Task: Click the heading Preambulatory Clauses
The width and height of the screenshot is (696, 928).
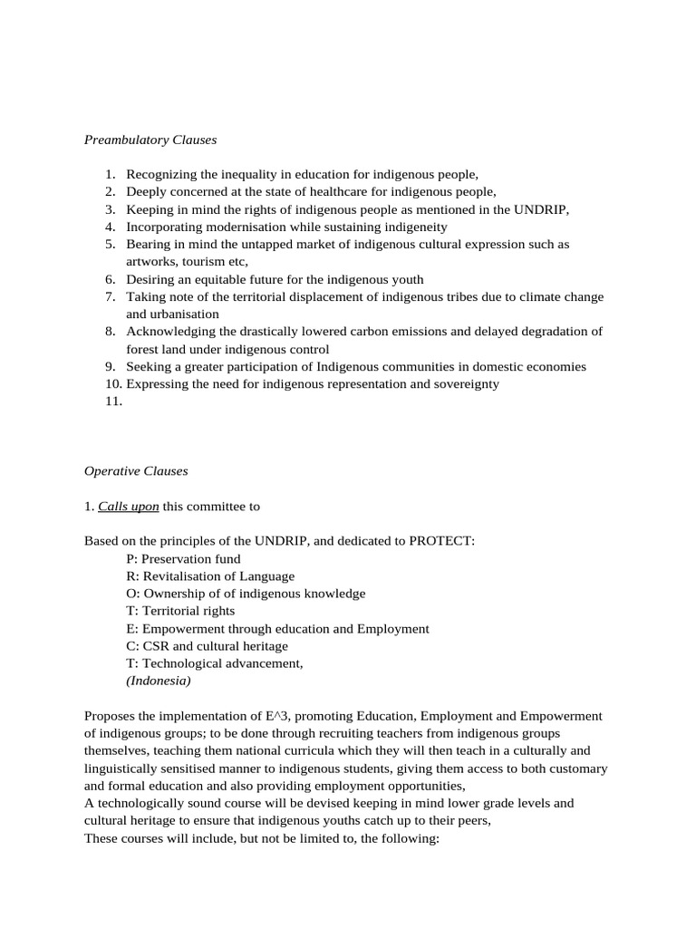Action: [x=150, y=140]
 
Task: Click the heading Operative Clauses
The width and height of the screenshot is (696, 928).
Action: [x=136, y=471]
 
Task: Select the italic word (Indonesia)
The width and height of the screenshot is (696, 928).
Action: [x=159, y=681]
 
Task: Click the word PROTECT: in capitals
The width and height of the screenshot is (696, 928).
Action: [x=441, y=541]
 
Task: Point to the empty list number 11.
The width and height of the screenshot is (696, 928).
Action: [x=113, y=401]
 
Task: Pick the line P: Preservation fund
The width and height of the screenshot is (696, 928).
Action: [x=183, y=558]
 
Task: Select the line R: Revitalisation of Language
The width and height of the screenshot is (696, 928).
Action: [x=210, y=575]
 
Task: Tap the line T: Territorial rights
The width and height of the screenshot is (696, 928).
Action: [x=180, y=611]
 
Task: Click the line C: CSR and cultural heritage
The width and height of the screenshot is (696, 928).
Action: [x=207, y=646]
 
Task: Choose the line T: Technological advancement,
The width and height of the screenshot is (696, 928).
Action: [x=215, y=663]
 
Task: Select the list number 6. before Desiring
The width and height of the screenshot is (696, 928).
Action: [x=111, y=280]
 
